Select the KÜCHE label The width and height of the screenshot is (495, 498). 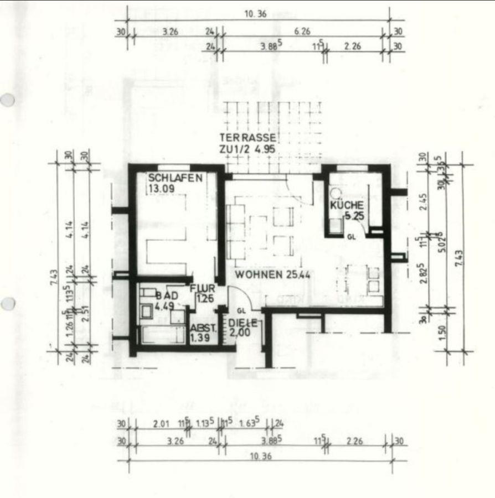pyautogui.click(x=347, y=206)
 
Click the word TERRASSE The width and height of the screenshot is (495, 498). pyautogui.click(x=248, y=138)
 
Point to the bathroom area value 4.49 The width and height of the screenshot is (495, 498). pyautogui.click(x=165, y=305)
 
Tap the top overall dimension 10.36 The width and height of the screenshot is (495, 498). pyautogui.click(x=255, y=15)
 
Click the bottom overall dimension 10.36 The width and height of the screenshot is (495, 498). pyautogui.click(x=261, y=457)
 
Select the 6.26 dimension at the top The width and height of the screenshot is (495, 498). pyautogui.click(x=302, y=32)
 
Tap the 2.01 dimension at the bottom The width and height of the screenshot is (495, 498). pyautogui.click(x=162, y=424)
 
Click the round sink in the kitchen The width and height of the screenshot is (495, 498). pyautogui.click(x=336, y=194)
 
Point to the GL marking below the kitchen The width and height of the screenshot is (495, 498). pyautogui.click(x=351, y=236)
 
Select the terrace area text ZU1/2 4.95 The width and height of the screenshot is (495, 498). pyautogui.click(x=247, y=149)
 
